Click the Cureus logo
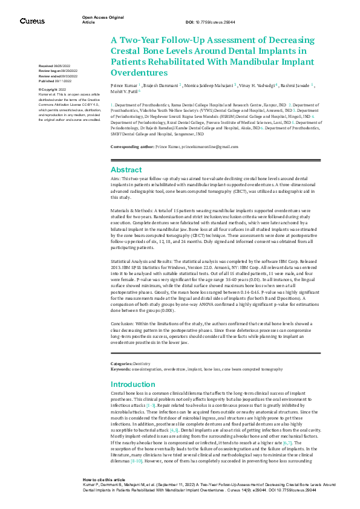(31, 21)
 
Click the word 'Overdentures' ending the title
(137, 72)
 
